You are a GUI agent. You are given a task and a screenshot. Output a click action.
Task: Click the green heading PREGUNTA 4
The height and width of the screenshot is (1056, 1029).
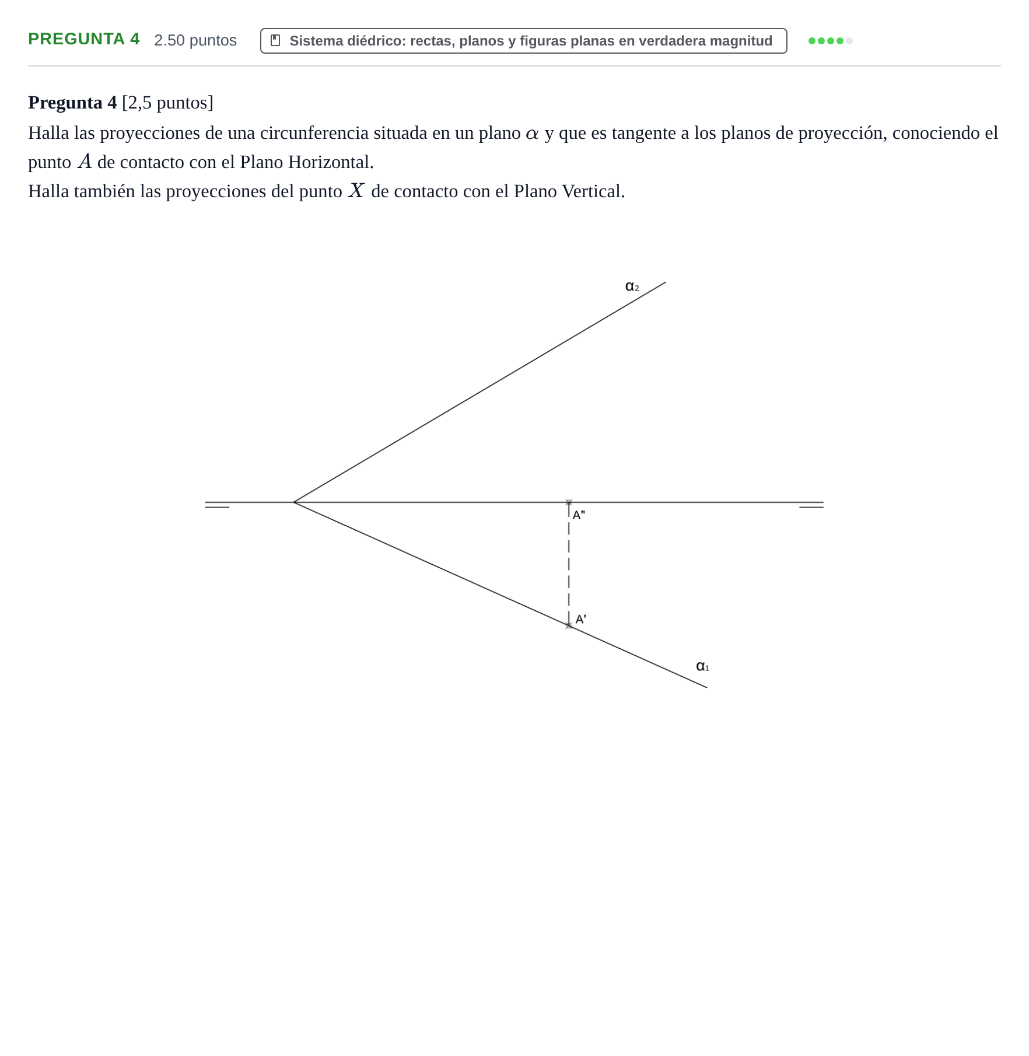pyautogui.click(x=84, y=39)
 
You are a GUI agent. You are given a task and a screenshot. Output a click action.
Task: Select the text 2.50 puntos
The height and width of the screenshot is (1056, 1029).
pyautogui.click(x=195, y=40)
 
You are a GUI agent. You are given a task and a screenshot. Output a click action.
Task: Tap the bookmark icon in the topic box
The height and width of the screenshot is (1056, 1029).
pyautogui.click(x=275, y=40)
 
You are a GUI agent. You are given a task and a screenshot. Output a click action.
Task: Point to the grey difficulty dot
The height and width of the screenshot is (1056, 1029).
pyautogui.click(x=849, y=41)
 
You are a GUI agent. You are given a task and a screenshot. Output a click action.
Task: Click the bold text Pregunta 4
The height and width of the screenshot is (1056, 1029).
pyautogui.click(x=72, y=103)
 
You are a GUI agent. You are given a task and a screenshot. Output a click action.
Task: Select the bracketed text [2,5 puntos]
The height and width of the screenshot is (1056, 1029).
pyautogui.click(x=167, y=103)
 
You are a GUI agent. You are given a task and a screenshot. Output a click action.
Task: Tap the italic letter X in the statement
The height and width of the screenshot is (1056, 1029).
pyautogui.click(x=356, y=191)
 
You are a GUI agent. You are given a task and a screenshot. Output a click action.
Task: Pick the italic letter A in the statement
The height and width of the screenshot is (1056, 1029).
pyautogui.click(x=85, y=162)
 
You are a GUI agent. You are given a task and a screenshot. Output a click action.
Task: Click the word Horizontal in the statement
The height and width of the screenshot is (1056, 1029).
pyautogui.click(x=331, y=162)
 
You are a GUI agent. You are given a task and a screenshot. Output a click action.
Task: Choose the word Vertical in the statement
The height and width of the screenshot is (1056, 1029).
pyautogui.click(x=593, y=191)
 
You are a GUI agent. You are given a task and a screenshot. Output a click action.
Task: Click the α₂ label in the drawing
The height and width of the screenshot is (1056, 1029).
pyautogui.click(x=632, y=286)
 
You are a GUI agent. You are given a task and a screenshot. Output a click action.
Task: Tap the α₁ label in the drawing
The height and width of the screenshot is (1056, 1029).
pyautogui.click(x=702, y=666)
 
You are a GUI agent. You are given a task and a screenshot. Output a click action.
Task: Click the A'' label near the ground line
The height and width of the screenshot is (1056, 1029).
pyautogui.click(x=579, y=515)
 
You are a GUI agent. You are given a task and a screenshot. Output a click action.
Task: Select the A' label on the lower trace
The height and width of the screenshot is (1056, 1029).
pyautogui.click(x=581, y=620)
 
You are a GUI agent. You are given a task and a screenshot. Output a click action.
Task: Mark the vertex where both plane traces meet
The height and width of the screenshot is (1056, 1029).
pyautogui.click(x=294, y=502)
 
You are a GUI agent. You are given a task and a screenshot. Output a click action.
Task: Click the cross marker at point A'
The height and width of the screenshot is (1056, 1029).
pyautogui.click(x=569, y=626)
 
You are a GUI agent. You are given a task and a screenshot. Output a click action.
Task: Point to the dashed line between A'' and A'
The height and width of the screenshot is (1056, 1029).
pyautogui.click(x=569, y=564)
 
